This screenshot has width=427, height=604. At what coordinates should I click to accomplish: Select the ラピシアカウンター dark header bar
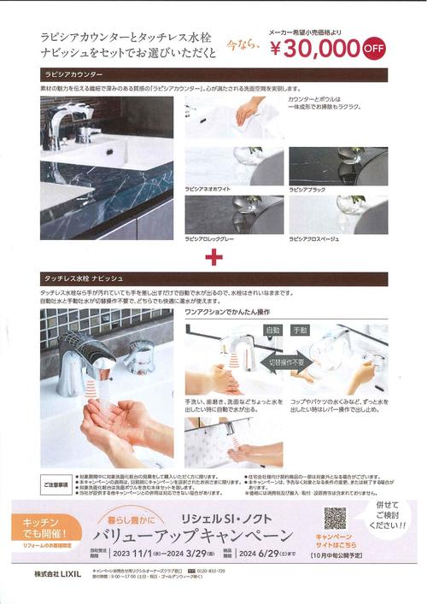point(213,74)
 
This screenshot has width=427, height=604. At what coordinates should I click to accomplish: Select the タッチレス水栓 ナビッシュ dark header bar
point(213,279)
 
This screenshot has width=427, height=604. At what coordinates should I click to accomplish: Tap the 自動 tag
point(273,331)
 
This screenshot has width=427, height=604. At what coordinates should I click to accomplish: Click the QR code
point(335,519)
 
